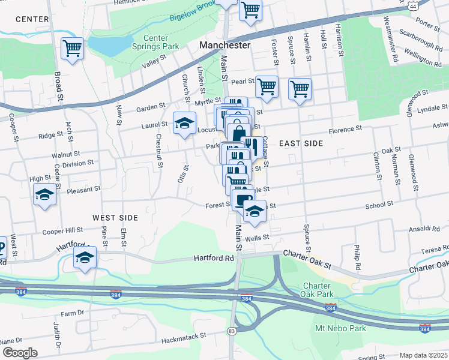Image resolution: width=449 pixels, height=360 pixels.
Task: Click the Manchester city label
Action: [x=224, y=46]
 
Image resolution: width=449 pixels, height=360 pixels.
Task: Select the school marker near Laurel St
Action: [x=185, y=124]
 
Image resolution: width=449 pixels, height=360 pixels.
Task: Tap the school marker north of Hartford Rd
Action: [x=85, y=259]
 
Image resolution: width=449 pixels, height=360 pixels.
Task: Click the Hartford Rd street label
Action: [x=213, y=258]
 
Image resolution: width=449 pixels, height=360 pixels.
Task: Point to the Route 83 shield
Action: [x=231, y=331]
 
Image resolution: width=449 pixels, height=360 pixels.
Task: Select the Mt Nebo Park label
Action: [x=340, y=329]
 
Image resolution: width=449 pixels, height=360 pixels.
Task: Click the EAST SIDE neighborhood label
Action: [x=301, y=143]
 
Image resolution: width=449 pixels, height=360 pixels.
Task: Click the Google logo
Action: [x=19, y=353]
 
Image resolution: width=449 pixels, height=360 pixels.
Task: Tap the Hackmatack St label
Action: [x=184, y=336]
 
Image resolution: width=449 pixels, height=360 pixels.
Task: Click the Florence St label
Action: [x=346, y=129]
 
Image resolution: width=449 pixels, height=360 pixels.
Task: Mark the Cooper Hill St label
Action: [x=62, y=230]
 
